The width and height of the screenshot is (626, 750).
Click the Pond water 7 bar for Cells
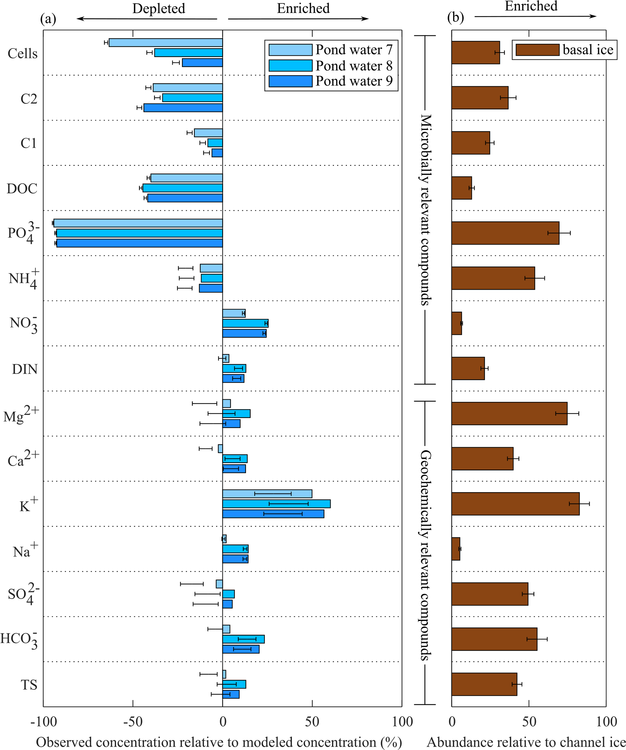166,42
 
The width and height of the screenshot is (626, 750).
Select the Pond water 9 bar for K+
273,514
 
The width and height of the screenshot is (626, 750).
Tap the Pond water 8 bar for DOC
182,188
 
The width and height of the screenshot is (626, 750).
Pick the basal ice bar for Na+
456,549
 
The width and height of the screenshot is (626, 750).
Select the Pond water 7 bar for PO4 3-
138,223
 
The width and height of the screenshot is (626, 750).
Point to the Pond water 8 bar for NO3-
245,323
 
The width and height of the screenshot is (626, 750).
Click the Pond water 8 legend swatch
290,66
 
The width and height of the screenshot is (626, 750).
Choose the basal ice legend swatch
537,50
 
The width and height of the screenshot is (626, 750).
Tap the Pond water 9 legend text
354,82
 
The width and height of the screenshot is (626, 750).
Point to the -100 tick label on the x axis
44,722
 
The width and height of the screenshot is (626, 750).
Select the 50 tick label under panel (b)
529,722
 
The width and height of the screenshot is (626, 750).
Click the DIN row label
25,369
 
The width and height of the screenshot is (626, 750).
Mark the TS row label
29,685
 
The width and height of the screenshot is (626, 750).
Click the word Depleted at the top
158,8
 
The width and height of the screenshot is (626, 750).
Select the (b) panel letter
455,18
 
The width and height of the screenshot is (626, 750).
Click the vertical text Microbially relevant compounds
425,210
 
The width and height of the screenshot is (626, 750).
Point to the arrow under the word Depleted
147,19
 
